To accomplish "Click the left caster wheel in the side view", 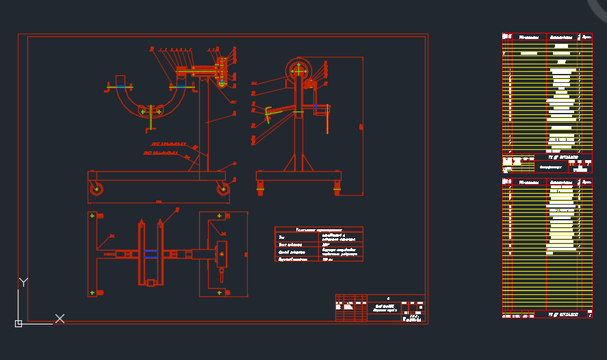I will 96,189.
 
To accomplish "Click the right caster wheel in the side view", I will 223,189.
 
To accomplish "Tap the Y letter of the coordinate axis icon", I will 23,282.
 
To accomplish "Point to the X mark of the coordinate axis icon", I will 60,318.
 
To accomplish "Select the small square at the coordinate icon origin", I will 18,323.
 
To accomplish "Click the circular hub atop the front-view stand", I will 299,69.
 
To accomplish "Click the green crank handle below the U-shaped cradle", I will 149,120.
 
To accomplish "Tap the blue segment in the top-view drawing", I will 151,254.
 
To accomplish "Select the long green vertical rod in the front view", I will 328,118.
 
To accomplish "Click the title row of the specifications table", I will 319,230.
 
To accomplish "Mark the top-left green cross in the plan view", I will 92,216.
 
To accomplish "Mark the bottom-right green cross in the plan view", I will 220,293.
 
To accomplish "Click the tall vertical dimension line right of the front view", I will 362,126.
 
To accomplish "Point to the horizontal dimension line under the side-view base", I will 158,203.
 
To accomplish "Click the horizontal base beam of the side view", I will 158,176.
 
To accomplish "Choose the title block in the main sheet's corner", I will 380,307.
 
